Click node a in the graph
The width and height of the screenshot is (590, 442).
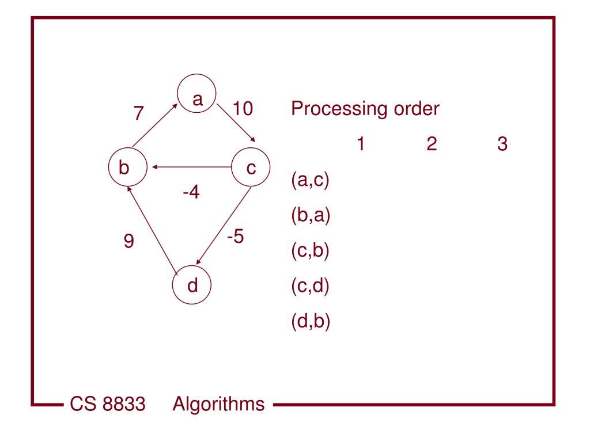[x=197, y=100]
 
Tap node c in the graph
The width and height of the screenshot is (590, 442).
[x=251, y=168]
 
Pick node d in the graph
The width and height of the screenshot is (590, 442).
[x=192, y=284]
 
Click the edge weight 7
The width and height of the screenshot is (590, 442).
[x=138, y=113]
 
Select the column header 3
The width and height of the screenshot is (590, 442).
[x=502, y=144]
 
